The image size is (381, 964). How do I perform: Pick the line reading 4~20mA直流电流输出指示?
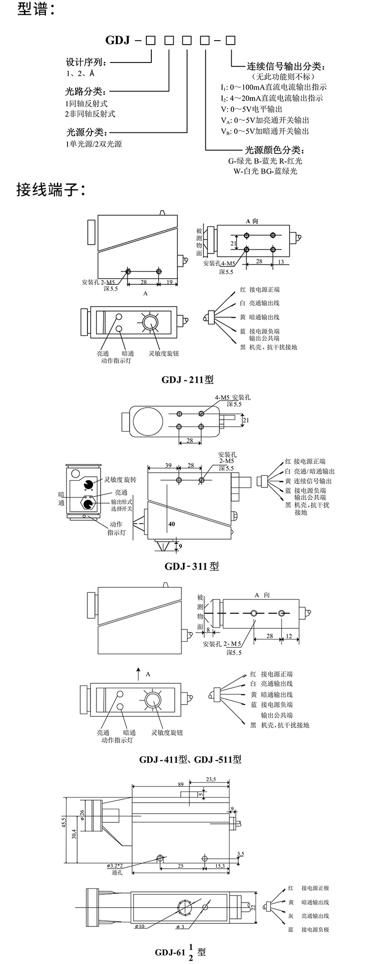[x=271, y=98]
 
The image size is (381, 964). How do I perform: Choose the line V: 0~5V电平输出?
[x=251, y=109]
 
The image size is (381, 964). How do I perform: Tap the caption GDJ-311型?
[x=192, y=566]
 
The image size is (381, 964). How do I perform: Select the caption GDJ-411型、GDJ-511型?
[x=190, y=759]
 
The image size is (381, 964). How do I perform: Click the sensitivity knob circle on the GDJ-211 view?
[x=150, y=323]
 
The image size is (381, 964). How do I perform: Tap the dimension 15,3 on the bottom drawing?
[x=220, y=866]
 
